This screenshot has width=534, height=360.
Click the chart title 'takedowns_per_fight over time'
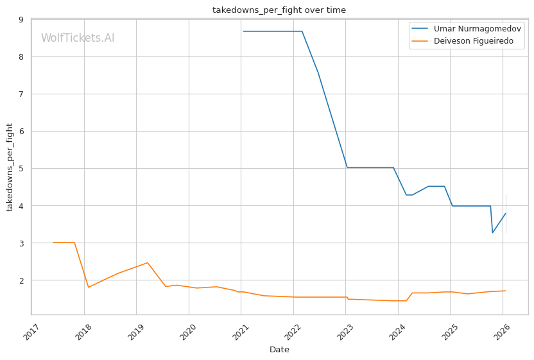pyautogui.click(x=279, y=10)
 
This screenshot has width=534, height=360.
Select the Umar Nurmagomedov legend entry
pyautogui.click(x=466, y=29)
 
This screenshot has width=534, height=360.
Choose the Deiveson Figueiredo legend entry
pyautogui.click(x=463, y=41)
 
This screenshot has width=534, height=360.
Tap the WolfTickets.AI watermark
pyautogui.click(x=78, y=38)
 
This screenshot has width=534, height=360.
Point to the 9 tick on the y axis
pyautogui.click(x=21, y=20)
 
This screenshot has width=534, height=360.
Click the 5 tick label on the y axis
pyautogui.click(x=21, y=169)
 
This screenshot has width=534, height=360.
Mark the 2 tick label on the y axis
pyautogui.click(x=21, y=280)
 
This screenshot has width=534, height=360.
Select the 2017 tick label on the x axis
pyautogui.click(x=31, y=332)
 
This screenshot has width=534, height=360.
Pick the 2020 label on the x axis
pyautogui.click(x=188, y=332)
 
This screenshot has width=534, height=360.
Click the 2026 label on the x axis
pyautogui.click(x=502, y=332)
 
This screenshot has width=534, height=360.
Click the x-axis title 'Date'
pyautogui.click(x=279, y=350)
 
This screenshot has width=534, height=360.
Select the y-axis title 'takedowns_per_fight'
pyautogui.click(x=10, y=167)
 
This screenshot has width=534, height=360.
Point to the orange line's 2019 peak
pyautogui.click(x=147, y=262)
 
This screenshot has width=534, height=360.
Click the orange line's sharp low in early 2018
pyautogui.click(x=89, y=287)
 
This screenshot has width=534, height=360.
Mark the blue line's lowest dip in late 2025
pyautogui.click(x=492, y=233)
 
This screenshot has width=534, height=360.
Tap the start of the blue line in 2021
pyautogui.click(x=243, y=31)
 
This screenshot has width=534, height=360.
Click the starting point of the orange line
pyautogui.click(x=53, y=243)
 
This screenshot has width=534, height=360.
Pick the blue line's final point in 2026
pyautogui.click(x=506, y=214)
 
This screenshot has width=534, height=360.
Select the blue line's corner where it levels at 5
pyautogui.click(x=347, y=167)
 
